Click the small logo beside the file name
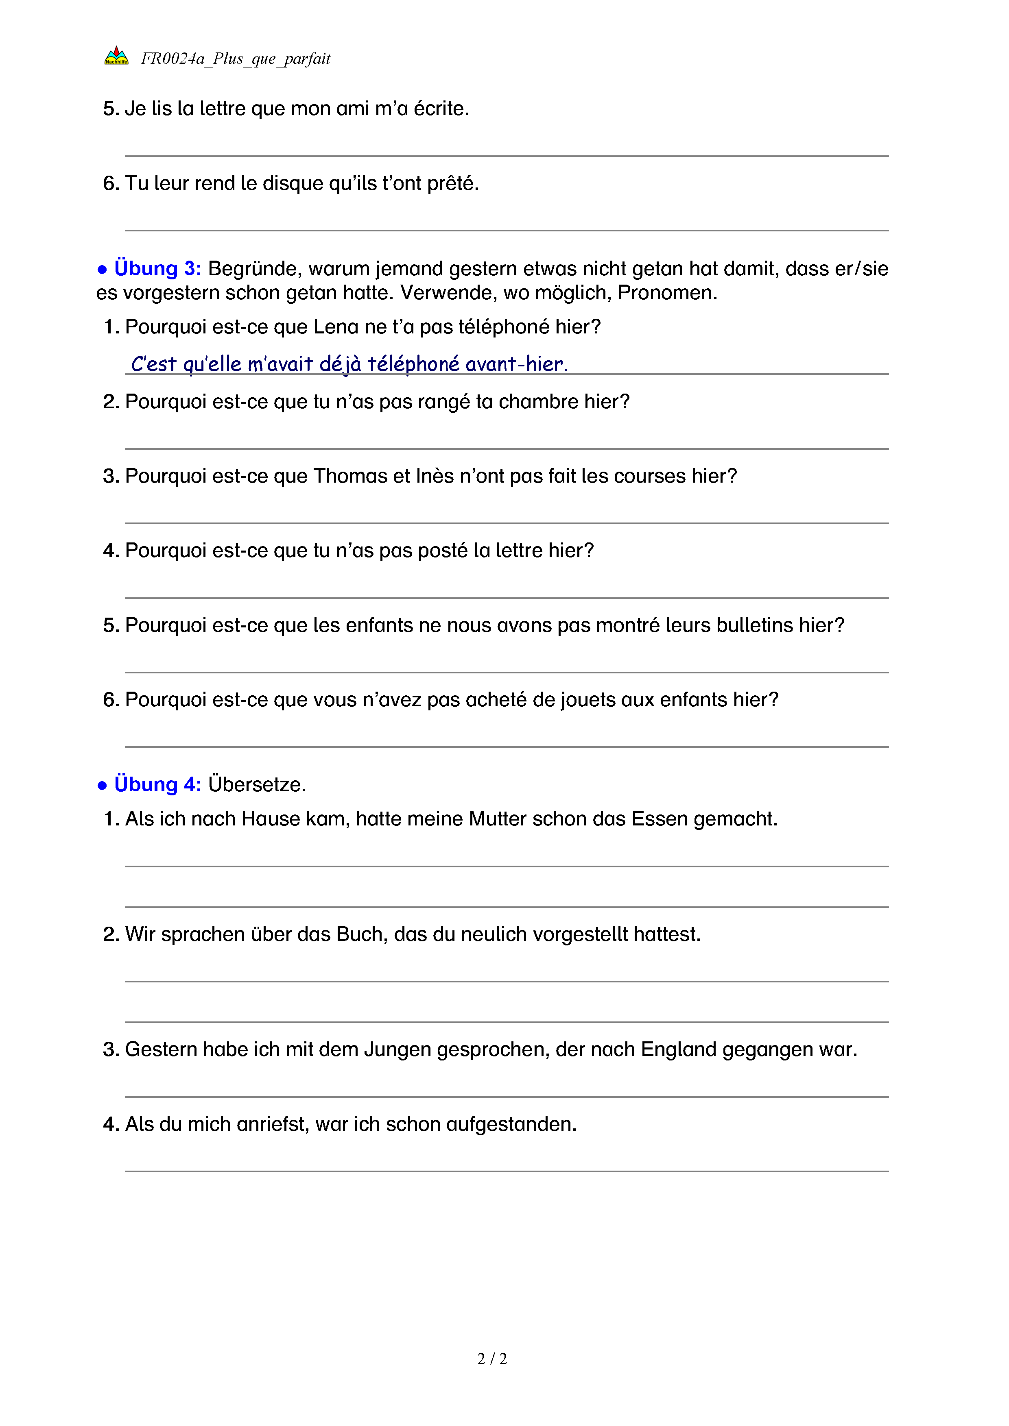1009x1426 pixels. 116,56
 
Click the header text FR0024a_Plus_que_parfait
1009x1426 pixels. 236,59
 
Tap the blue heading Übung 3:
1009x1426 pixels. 157,268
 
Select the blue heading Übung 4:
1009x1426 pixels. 157,784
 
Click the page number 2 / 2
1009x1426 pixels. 492,1359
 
